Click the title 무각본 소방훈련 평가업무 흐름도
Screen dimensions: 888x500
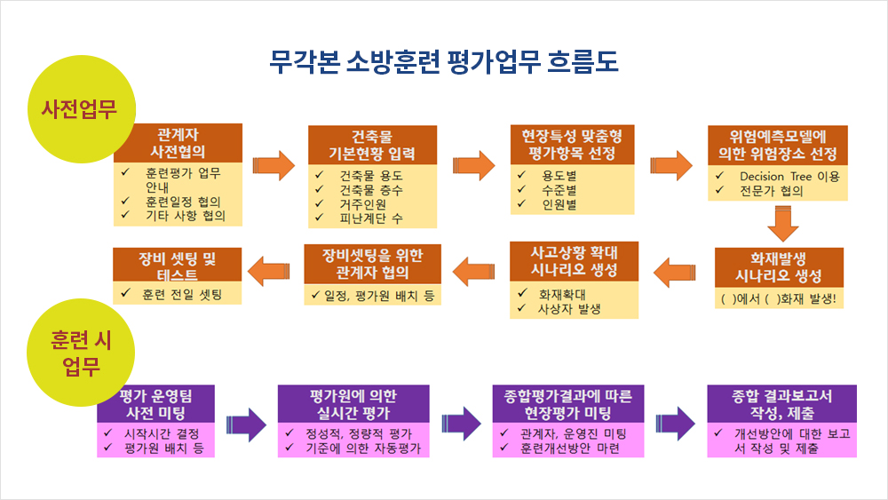[443, 61]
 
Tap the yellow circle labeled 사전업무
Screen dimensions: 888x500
[82, 108]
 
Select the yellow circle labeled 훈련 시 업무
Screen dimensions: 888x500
[81, 353]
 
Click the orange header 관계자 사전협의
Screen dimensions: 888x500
[178, 143]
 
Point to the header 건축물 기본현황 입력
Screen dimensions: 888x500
[372, 145]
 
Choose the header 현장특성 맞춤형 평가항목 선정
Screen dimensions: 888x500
[572, 145]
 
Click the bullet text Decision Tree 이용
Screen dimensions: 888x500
[789, 177]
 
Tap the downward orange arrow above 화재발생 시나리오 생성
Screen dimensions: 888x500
[783, 224]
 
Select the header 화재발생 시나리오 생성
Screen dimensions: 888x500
[779, 267]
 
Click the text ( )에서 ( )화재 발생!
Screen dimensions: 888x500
[779, 298]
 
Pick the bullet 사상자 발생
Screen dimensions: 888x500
[569, 309]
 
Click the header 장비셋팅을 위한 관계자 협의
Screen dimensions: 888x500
[372, 264]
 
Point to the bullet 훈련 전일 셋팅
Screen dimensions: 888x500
[182, 295]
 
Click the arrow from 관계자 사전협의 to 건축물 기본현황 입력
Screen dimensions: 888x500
[274, 165]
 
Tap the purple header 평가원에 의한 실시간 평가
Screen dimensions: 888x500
[353, 404]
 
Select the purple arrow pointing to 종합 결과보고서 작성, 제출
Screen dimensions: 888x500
[675, 424]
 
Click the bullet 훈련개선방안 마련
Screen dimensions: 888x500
[570, 448]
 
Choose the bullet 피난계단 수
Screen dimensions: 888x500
[371, 218]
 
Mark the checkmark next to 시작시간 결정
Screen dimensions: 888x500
[108, 433]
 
